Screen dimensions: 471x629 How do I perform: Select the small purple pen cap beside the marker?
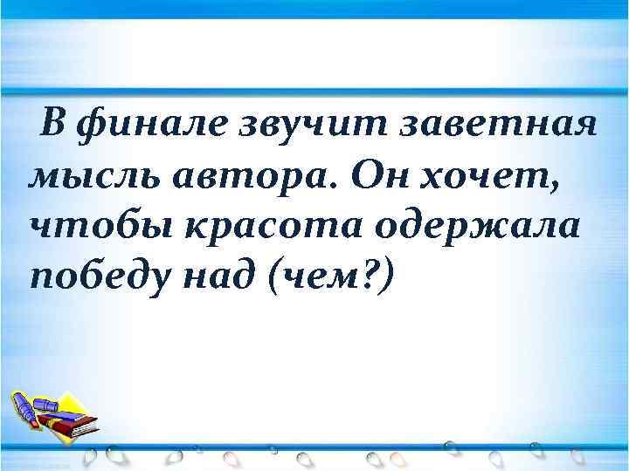(44, 404)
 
